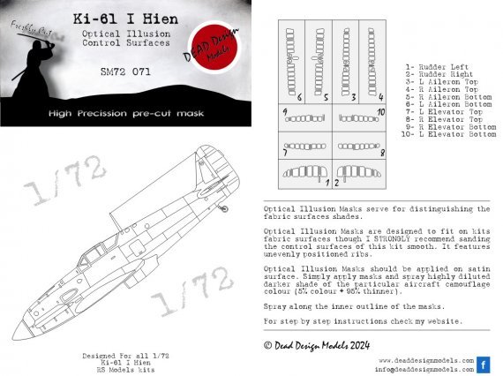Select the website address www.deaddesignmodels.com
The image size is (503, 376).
pos(428,360)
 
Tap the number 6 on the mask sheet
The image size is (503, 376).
pos(299,96)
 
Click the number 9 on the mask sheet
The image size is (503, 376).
pos(285,113)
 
